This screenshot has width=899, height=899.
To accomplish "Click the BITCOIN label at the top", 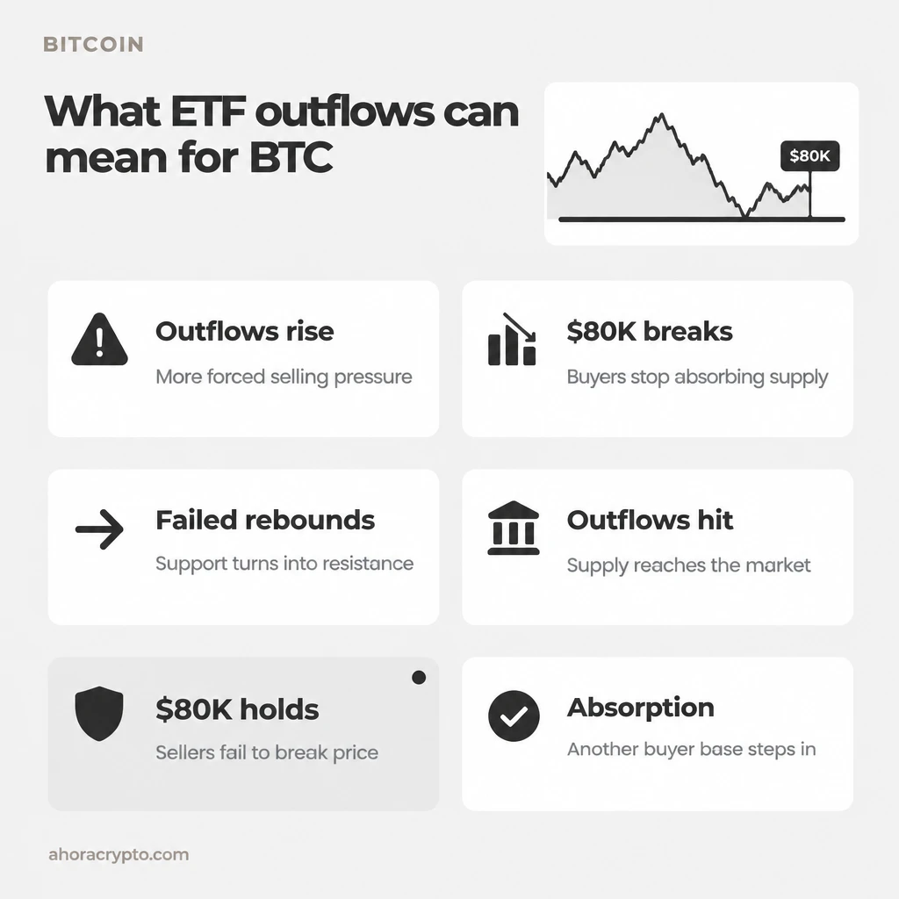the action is click(93, 44).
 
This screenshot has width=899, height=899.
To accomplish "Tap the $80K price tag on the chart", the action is click(809, 156).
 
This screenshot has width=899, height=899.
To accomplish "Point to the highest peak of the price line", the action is click(662, 115).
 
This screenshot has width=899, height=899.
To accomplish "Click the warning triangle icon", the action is click(99, 340).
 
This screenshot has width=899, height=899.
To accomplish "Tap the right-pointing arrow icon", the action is click(99, 529).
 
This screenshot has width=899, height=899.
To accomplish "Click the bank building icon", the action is click(513, 528).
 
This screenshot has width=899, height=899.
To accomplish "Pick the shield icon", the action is click(99, 713).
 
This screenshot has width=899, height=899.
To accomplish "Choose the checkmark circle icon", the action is click(514, 716).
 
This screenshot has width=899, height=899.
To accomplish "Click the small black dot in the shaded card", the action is click(419, 678).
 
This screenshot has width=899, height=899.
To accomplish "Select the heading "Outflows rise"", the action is click(245, 331).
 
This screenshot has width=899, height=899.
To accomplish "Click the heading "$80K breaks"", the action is click(650, 331).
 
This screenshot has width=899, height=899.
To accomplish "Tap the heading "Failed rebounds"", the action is click(265, 520).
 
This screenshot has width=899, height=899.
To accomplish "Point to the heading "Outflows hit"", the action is click(651, 520).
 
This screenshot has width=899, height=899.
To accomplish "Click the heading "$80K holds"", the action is click(237, 709).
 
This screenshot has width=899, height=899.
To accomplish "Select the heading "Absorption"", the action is click(641, 708).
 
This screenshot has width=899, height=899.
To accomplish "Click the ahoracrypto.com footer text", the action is click(119, 854).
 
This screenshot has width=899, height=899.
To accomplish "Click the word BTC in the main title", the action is click(291, 157).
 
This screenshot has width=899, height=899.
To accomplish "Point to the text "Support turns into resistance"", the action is click(284, 563).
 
